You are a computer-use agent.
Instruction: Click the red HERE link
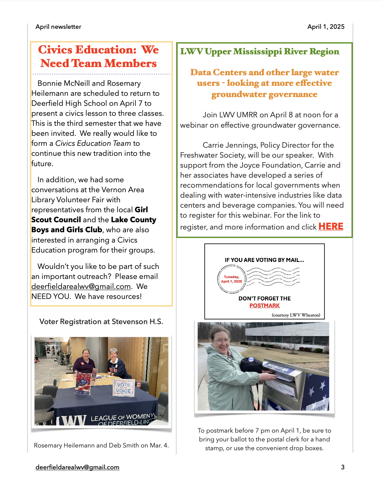pyautogui.click(x=331, y=226)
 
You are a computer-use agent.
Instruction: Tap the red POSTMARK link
pyautogui.click(x=264, y=306)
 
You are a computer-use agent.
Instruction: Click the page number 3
pyautogui.click(x=343, y=467)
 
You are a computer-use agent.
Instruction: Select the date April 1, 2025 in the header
pyautogui.click(x=326, y=27)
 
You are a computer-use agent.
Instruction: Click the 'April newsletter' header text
pyautogui.click(x=58, y=27)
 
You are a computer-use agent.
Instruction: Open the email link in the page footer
pyautogui.click(x=77, y=467)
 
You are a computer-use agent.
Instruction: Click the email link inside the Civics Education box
pyautogui.click(x=81, y=287)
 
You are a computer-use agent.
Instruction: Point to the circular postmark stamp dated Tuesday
pyautogui.click(x=231, y=279)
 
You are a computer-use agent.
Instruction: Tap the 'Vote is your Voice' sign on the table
pyautogui.click(x=124, y=388)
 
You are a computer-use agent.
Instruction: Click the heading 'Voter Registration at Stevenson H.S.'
pyautogui.click(x=101, y=322)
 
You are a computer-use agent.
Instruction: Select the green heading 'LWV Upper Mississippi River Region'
pyautogui.click(x=260, y=52)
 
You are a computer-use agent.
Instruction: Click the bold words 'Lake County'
pyautogui.click(x=134, y=220)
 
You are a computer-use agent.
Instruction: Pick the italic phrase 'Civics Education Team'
pyautogui.click(x=93, y=143)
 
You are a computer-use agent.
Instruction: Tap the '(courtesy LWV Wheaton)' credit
pyautogui.click(x=296, y=315)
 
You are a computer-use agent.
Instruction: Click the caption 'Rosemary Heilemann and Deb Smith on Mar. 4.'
pyautogui.click(x=101, y=445)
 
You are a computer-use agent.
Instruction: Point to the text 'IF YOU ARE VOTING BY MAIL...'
pyautogui.click(x=264, y=260)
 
